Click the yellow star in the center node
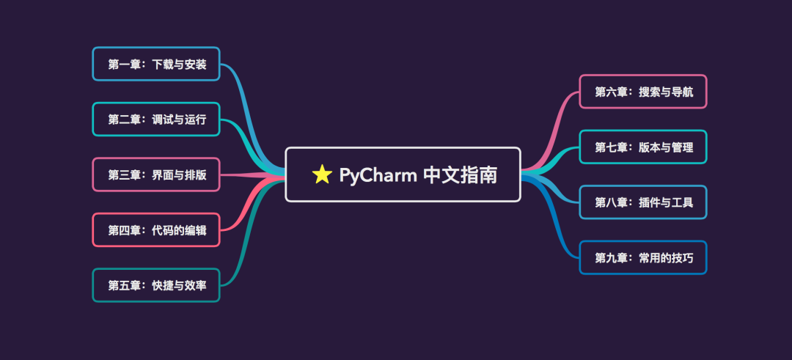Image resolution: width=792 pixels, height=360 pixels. pos(322,175)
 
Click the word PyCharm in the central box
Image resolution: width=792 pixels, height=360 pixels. pos(378,175)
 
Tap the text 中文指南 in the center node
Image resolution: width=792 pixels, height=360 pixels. pos(461,175)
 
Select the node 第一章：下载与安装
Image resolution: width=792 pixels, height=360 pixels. pos(156,64)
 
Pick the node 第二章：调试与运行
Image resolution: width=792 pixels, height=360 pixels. pos(156,120)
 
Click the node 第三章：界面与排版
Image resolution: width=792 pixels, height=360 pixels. pos(156,175)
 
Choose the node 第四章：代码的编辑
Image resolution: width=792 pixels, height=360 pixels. pos(156,230)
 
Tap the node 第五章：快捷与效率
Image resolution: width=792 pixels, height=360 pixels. pos(156,285)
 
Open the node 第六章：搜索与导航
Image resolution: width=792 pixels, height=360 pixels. pos(643,92)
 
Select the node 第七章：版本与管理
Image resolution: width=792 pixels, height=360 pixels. pos(643,147)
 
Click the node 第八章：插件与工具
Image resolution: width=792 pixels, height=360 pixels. pos(643,202)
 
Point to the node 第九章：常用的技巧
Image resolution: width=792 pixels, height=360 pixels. pos(643,257)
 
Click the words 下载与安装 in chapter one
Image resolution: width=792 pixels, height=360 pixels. pos(179,64)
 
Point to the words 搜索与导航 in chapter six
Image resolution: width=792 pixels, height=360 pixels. pos(666,92)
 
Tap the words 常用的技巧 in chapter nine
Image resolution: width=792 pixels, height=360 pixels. pos(666,257)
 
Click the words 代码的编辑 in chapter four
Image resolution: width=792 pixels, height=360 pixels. pos(179,230)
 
